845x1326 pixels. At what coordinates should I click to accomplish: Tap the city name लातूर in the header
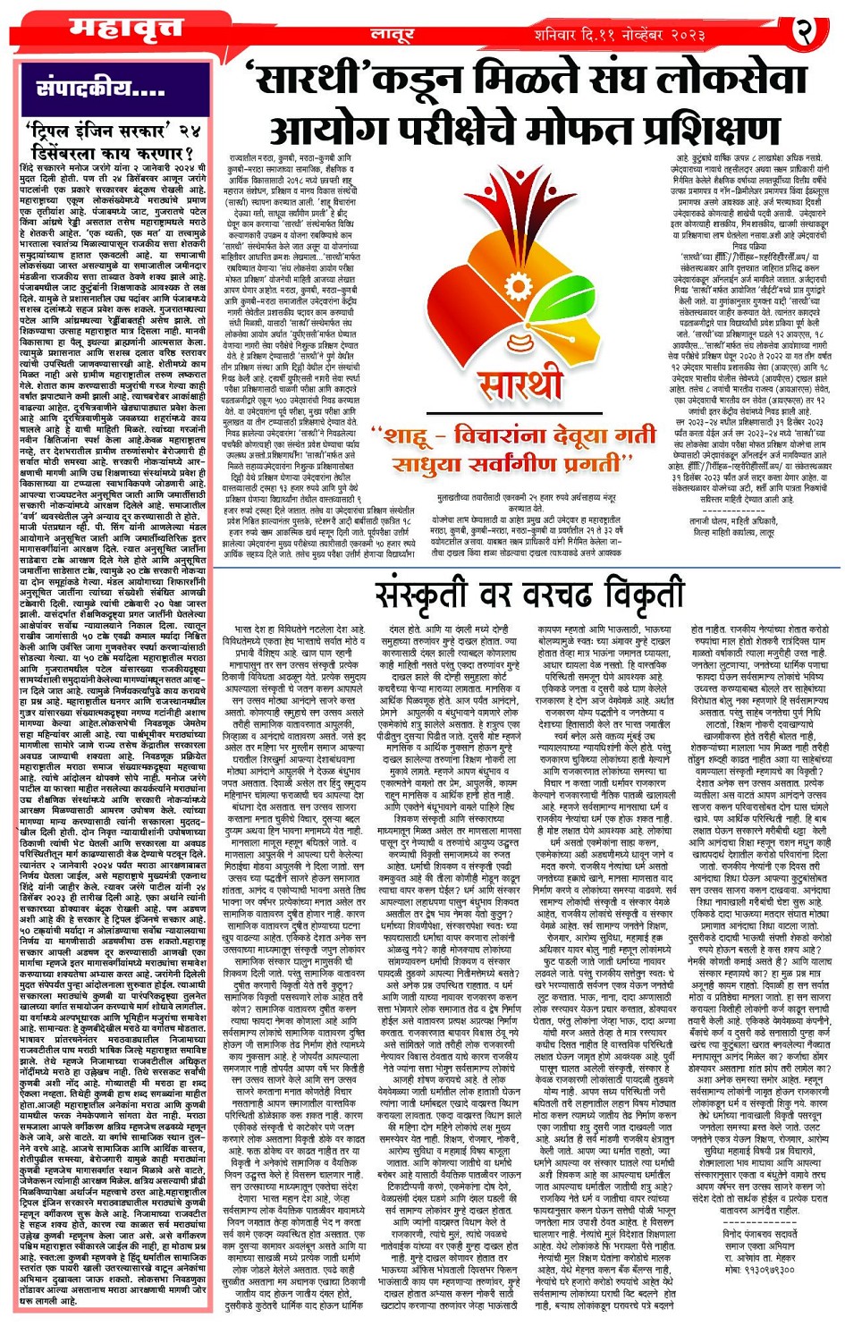393,34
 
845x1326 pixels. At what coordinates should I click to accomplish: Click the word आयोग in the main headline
323,129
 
